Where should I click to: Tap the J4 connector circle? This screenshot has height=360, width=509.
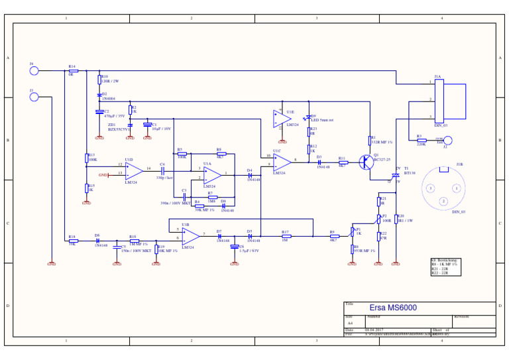tap(34, 70)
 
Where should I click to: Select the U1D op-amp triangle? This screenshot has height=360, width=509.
tap(133, 170)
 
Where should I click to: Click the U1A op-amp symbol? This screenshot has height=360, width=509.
tap(212, 174)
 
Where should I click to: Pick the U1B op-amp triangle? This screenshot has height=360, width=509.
tap(190, 236)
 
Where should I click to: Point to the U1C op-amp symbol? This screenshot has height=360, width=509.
tap(282, 162)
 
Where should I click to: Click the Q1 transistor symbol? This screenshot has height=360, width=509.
tap(366, 162)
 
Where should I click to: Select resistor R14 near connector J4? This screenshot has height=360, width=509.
tap(73, 70)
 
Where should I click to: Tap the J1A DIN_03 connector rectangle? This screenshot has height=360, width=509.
tap(439, 101)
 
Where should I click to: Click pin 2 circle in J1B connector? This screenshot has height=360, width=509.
tap(443, 201)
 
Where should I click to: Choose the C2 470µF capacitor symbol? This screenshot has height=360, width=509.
tap(99, 112)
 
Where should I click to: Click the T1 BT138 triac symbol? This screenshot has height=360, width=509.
tap(396, 174)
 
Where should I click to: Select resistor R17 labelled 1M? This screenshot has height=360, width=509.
tap(286, 236)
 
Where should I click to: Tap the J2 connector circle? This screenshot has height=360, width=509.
tap(447, 140)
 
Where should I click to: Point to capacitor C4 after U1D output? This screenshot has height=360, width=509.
tap(162, 170)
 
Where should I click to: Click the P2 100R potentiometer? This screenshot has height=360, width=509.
tap(379, 218)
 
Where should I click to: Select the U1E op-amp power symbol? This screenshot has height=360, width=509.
tap(282, 119)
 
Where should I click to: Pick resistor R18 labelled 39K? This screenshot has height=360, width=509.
tap(73, 241)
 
